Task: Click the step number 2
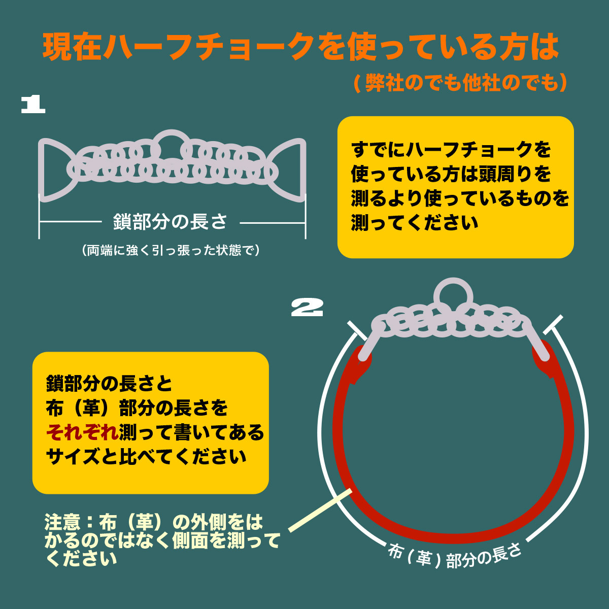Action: click(307, 308)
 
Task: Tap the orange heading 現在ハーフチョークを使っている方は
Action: click(300, 47)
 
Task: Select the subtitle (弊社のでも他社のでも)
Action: click(460, 83)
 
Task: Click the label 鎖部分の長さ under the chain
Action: click(170, 222)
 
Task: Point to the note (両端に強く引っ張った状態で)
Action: click(171, 250)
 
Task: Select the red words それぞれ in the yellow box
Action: click(82, 432)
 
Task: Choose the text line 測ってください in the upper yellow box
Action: click(415, 223)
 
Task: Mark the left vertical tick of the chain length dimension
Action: click(40, 218)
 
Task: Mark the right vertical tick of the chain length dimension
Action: click(306, 218)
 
